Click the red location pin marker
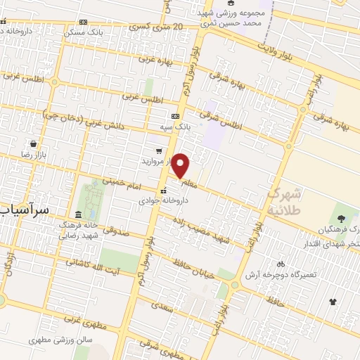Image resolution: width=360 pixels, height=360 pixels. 181,165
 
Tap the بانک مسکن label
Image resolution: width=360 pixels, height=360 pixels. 83,33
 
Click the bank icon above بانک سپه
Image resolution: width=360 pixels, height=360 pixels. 175,116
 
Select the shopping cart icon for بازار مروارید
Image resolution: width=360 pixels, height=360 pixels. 159,150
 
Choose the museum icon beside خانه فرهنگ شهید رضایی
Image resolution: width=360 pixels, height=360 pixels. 77,214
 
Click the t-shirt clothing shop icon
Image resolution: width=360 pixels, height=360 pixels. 333,302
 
